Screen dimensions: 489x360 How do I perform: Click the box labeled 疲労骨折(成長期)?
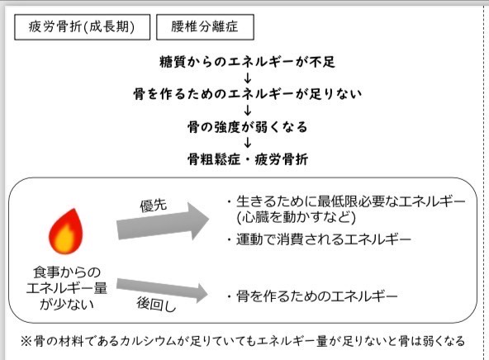coord(82,27)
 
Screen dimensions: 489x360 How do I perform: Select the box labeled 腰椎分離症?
coord(205,27)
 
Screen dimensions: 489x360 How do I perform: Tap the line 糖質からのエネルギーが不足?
coord(247,62)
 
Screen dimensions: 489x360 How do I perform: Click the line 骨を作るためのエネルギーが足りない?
coord(247,94)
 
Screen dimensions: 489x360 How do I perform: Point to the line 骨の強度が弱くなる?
coord(247,127)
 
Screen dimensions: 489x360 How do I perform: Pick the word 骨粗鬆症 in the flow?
coord(214,159)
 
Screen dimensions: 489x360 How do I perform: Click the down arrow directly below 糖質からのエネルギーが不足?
coord(248,78)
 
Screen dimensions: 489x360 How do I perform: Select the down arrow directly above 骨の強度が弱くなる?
coord(248,111)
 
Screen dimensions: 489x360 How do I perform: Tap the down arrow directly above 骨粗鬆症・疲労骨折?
coord(248,143)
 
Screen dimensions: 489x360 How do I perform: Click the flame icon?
coord(66,231)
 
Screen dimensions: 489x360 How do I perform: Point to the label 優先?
coord(154,206)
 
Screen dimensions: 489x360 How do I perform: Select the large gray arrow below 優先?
coord(163,221)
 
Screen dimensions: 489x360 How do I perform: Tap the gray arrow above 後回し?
coord(162,289)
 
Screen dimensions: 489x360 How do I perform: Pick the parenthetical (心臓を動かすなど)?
coord(296,217)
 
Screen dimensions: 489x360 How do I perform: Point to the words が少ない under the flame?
coord(67,304)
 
